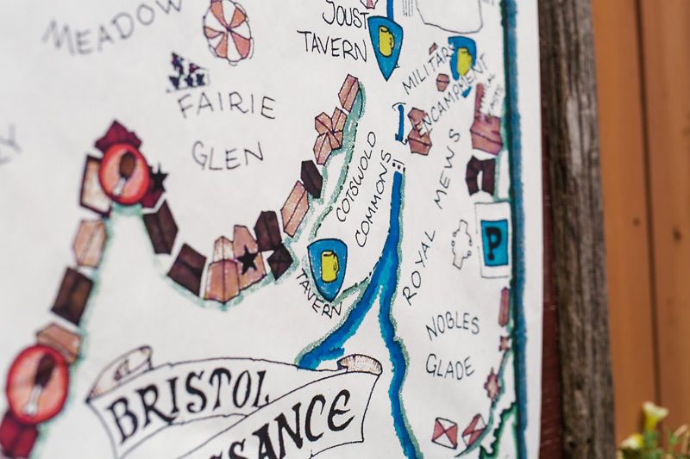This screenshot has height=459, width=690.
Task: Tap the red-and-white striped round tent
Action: coord(228,30)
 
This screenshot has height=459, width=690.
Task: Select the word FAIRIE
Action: coord(227,104)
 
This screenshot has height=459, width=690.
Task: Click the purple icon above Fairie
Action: coord(187,74)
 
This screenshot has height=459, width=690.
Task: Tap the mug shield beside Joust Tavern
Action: coord(385,43)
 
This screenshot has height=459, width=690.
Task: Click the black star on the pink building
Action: coord(248,258)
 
